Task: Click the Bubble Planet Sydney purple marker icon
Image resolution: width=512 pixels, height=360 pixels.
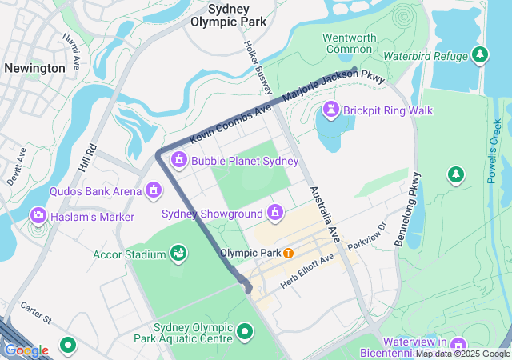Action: point(179,161)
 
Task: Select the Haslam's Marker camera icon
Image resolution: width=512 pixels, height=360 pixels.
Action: point(38,215)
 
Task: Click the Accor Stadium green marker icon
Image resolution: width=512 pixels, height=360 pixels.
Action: point(179,254)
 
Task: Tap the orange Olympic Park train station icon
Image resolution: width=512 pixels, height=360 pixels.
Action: point(288,253)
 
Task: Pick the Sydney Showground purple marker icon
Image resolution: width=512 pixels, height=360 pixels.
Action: point(275,213)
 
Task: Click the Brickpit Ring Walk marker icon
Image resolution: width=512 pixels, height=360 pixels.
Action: point(331,110)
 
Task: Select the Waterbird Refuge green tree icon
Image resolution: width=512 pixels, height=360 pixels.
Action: point(479,55)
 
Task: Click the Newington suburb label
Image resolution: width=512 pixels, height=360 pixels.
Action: point(34,68)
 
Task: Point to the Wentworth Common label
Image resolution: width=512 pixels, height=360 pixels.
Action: point(349,43)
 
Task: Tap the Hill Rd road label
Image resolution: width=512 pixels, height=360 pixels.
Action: point(88,161)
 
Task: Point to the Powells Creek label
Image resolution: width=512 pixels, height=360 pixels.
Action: point(496,150)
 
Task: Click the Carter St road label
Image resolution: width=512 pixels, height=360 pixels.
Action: point(36,314)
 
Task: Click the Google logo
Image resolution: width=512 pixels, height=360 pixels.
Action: point(26,350)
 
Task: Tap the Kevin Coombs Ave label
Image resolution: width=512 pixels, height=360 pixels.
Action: point(230,123)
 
